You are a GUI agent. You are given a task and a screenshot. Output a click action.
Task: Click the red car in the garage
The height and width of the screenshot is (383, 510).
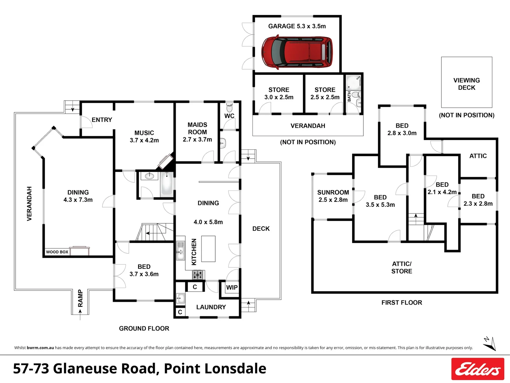point(297,52)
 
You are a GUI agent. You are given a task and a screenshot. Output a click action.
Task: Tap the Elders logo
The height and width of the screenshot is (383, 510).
point(477,369)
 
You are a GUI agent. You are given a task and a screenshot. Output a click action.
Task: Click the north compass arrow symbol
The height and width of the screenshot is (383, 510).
point(489,343)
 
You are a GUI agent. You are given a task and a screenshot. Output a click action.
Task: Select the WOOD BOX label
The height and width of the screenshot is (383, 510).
point(57,252)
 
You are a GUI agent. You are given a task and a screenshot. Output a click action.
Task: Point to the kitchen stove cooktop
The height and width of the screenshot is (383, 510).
point(198,274)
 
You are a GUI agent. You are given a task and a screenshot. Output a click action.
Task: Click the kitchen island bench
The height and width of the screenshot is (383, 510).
point(208,249)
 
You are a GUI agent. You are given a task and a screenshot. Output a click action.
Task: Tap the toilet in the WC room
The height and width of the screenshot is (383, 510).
point(229,107)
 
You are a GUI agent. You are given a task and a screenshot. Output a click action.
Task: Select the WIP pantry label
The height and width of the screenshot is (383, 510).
point(232,288)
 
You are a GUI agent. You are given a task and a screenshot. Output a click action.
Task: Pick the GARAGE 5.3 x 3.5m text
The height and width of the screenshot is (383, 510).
point(297,26)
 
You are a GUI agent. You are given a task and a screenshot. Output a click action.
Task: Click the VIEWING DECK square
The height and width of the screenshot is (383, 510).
point(466,82)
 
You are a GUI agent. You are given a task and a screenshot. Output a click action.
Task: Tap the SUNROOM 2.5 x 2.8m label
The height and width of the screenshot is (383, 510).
point(333,196)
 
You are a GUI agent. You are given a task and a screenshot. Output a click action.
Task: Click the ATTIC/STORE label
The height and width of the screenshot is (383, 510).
point(402,267)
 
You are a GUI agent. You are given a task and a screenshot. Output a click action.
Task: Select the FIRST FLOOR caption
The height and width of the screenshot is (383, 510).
point(402,302)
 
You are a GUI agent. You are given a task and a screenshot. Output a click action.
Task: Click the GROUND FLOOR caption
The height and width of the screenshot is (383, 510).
point(144,328)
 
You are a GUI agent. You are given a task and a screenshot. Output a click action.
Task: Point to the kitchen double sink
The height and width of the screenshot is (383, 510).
point(181,251)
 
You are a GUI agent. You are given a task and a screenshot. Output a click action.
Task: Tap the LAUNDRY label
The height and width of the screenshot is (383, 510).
point(211,307)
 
